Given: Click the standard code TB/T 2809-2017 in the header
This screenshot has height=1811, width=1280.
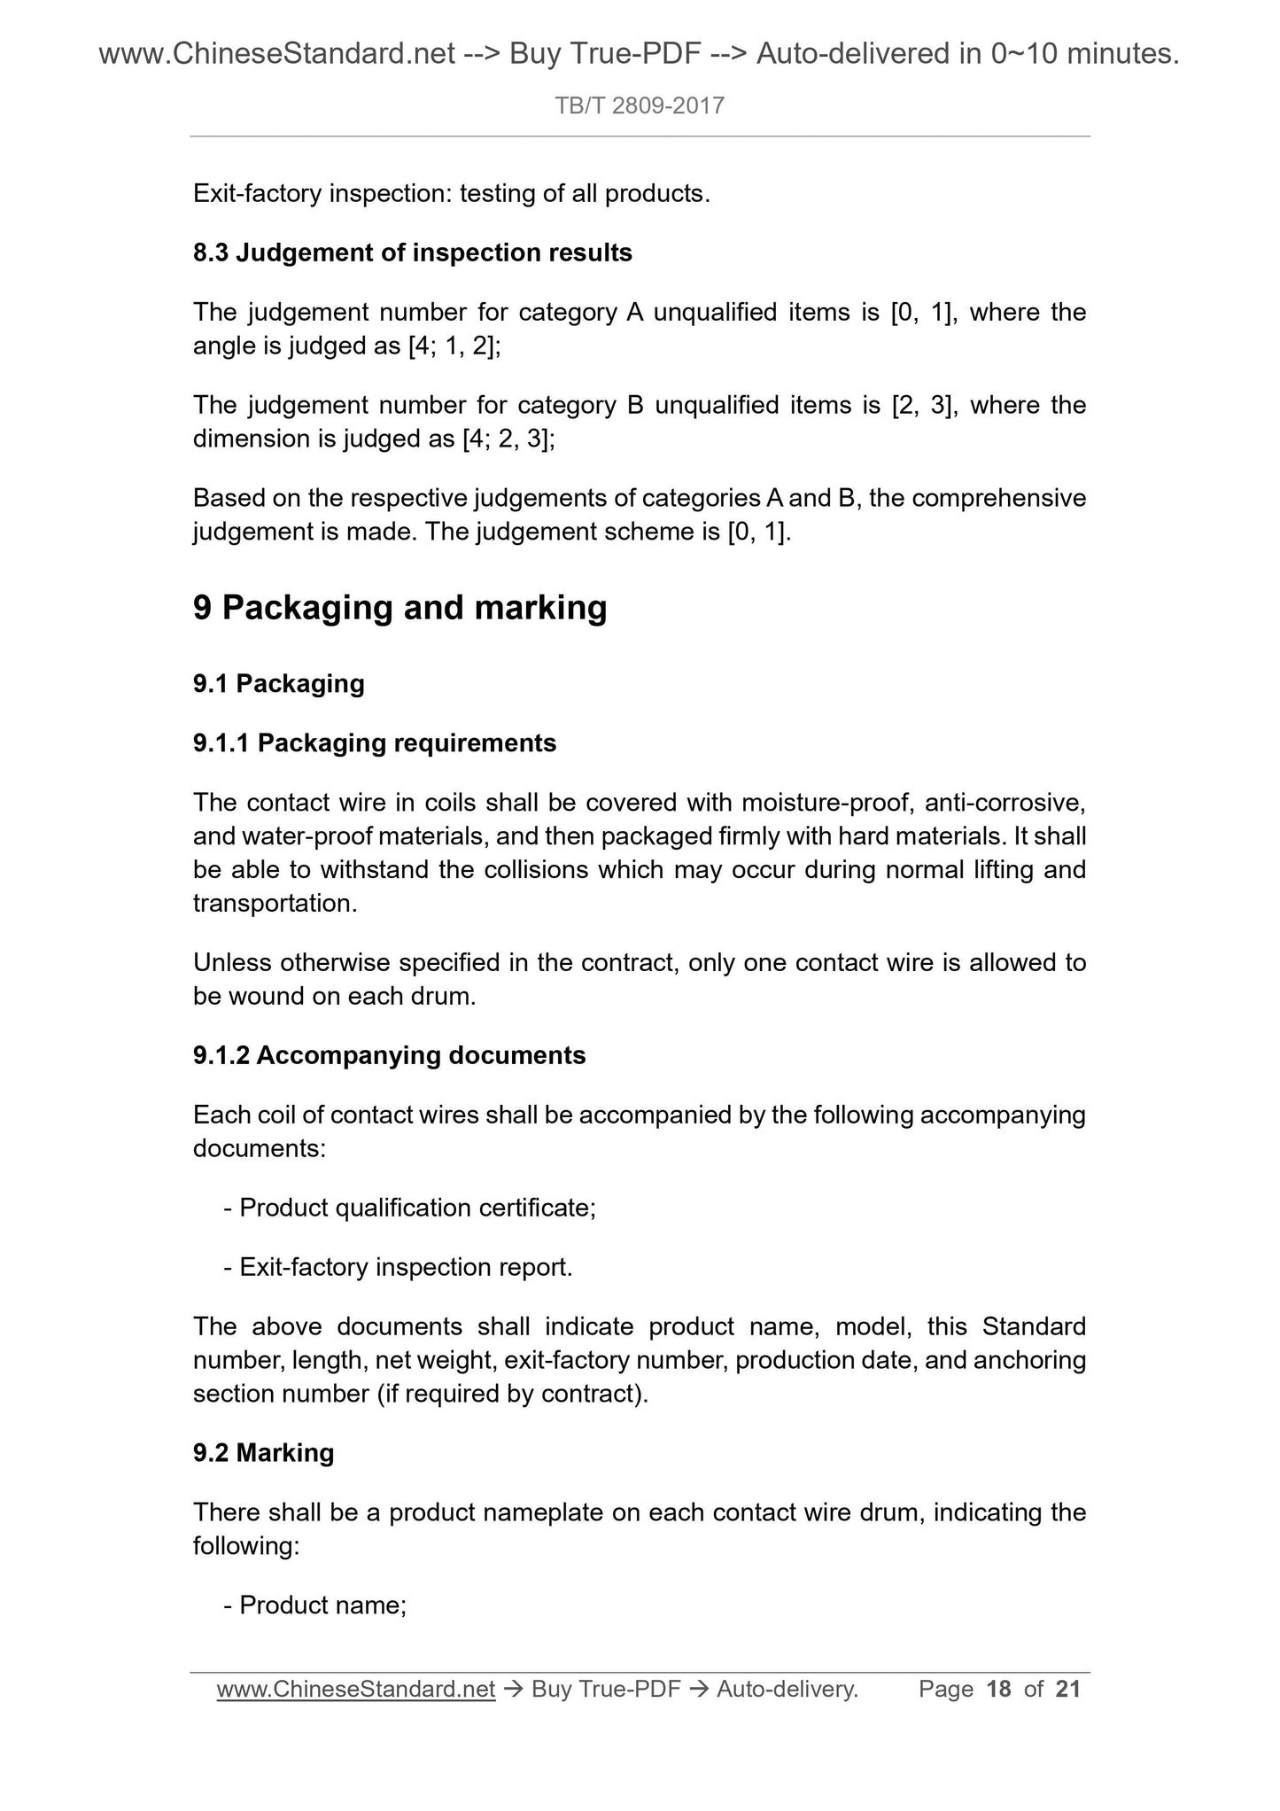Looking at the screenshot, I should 640,106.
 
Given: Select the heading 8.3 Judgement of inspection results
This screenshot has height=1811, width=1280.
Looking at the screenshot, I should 412,253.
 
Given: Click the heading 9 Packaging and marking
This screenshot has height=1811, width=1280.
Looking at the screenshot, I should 400,608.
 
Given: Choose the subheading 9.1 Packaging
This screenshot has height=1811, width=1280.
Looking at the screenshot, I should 278,684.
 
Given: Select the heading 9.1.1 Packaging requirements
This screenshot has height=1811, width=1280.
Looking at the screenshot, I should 374,743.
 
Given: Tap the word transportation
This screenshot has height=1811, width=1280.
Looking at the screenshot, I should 275,904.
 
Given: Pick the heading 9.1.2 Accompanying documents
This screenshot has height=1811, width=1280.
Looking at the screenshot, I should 389,1056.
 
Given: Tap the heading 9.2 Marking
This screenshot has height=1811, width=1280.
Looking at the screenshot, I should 263,1453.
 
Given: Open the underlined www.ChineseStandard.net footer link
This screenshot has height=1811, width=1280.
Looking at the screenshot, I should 355,1691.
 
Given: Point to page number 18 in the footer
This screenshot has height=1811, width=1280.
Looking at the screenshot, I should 998,1691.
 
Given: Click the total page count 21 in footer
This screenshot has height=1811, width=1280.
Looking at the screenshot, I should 1068,1691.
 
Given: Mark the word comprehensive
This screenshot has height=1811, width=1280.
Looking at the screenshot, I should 998,499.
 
